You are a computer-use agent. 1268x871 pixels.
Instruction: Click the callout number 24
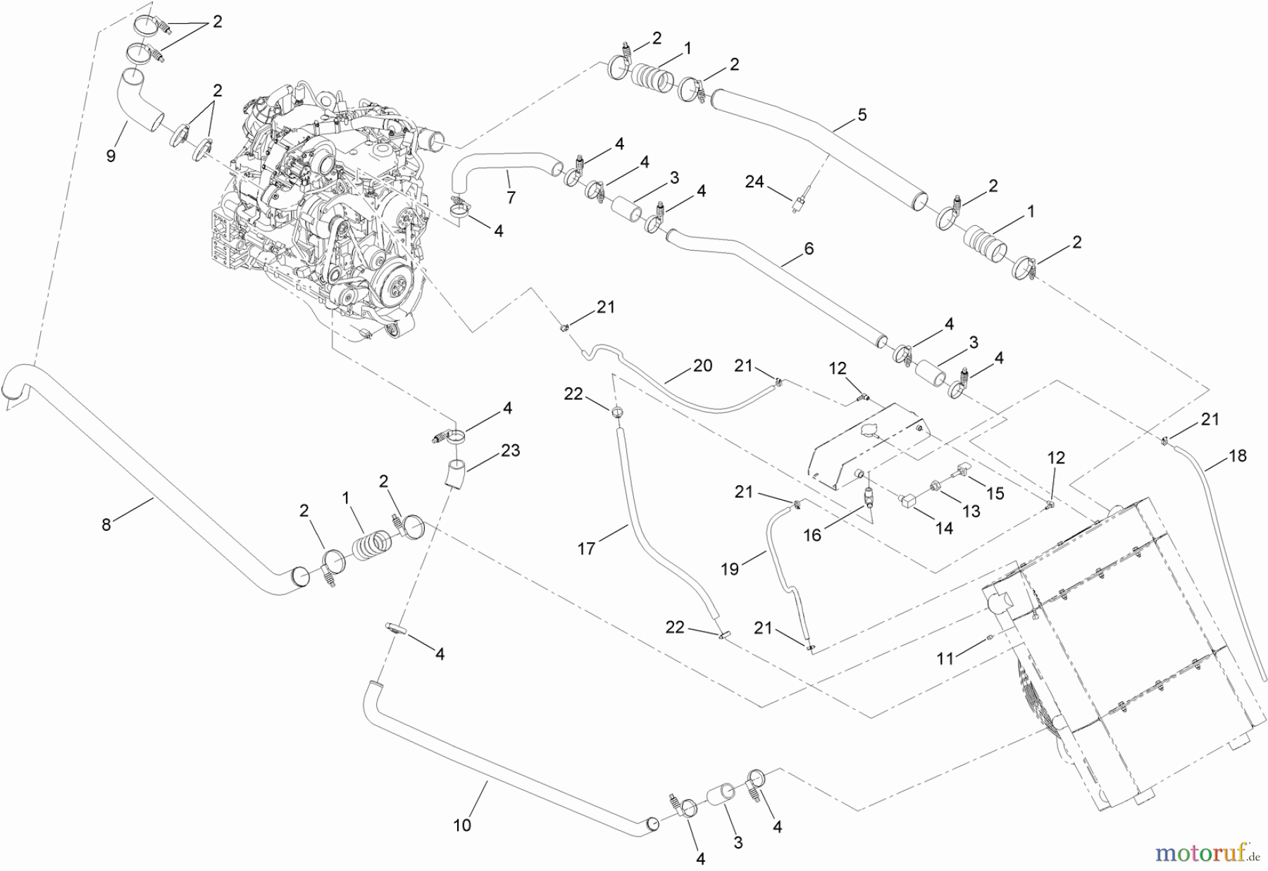tap(754, 182)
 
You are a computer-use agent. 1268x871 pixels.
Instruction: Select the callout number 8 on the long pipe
tap(106, 525)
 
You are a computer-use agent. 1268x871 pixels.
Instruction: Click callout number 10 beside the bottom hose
tap(462, 825)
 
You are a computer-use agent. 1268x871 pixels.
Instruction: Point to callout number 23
tap(510, 450)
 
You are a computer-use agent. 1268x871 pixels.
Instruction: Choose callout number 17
tap(587, 548)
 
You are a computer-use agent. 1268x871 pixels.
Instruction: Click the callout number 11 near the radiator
tap(945, 658)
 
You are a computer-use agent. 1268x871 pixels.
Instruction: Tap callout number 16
tap(812, 535)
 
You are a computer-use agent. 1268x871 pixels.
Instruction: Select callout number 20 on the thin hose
tap(702, 365)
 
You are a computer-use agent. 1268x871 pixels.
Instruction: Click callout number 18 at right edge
tap(1237, 456)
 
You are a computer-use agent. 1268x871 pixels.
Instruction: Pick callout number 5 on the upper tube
tap(862, 114)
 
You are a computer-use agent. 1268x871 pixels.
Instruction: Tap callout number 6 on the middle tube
tap(809, 249)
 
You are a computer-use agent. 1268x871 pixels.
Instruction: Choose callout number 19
tap(730, 569)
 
